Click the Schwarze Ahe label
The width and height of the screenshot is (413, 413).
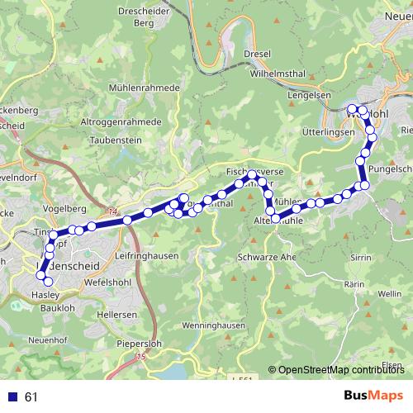(x=266, y=257)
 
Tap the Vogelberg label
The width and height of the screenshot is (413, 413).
(x=60, y=208)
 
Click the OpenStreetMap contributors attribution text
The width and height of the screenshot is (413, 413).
(x=340, y=370)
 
